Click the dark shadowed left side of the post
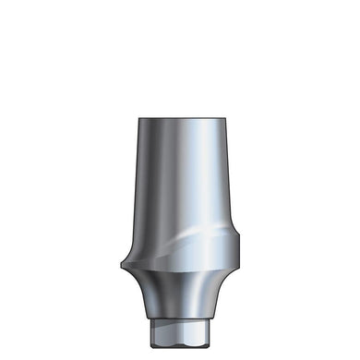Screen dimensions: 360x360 [144, 185]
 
